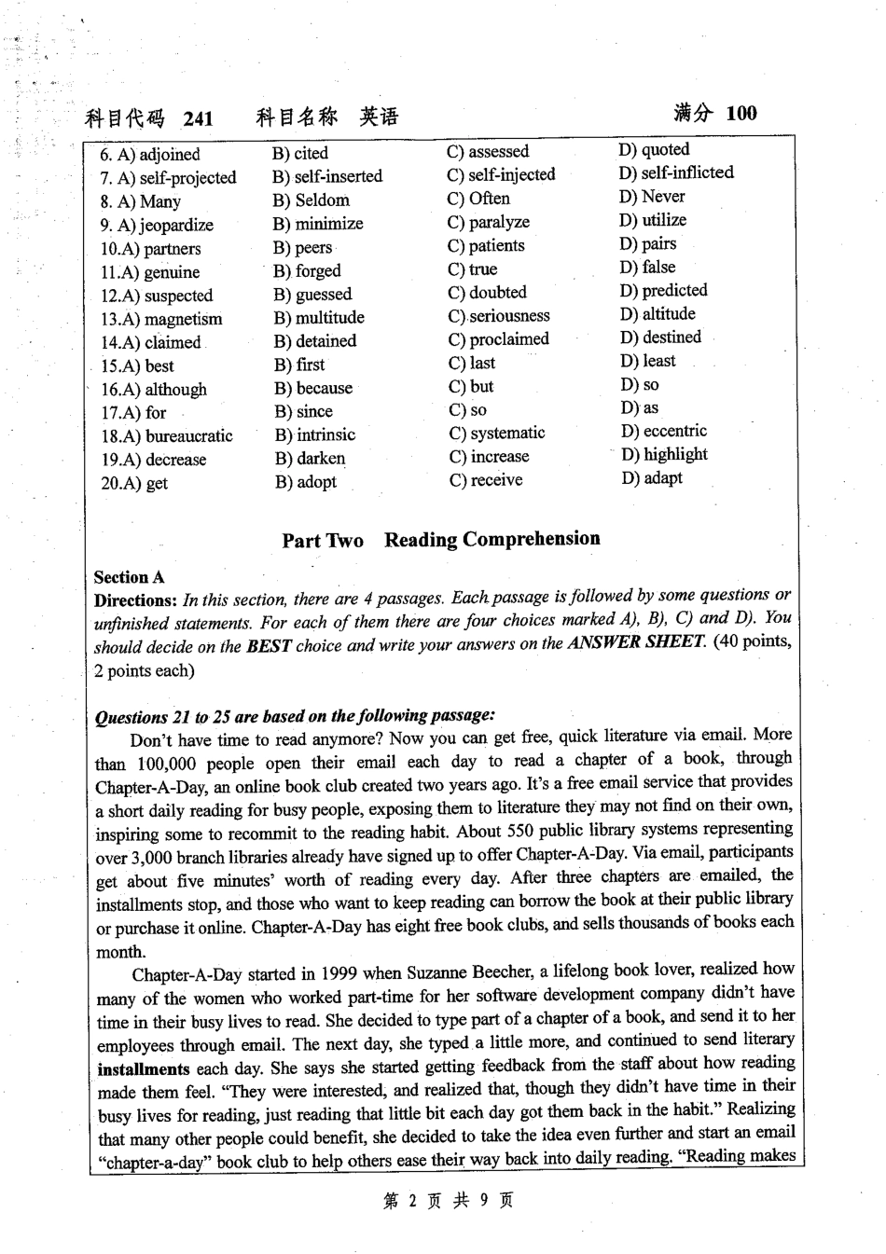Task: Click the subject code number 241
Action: [x=198, y=118]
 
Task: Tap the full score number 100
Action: [x=741, y=114]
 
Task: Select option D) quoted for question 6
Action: [x=654, y=149]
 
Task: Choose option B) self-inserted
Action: [x=327, y=176]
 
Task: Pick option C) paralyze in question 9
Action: [x=488, y=222]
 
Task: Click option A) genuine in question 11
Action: [x=150, y=272]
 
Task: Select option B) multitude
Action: [x=319, y=318]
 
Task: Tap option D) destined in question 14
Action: [x=660, y=338]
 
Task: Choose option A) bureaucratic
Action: [x=167, y=435]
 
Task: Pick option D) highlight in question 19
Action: [x=664, y=454]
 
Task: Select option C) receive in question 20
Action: [x=485, y=480]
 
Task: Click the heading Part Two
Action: [x=323, y=541]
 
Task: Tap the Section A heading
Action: [x=129, y=577]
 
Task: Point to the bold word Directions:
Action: [x=135, y=600]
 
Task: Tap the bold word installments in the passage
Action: [x=143, y=1069]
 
